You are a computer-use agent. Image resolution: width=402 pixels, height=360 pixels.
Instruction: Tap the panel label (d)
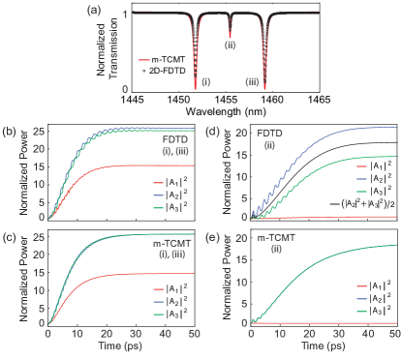(210, 130)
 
